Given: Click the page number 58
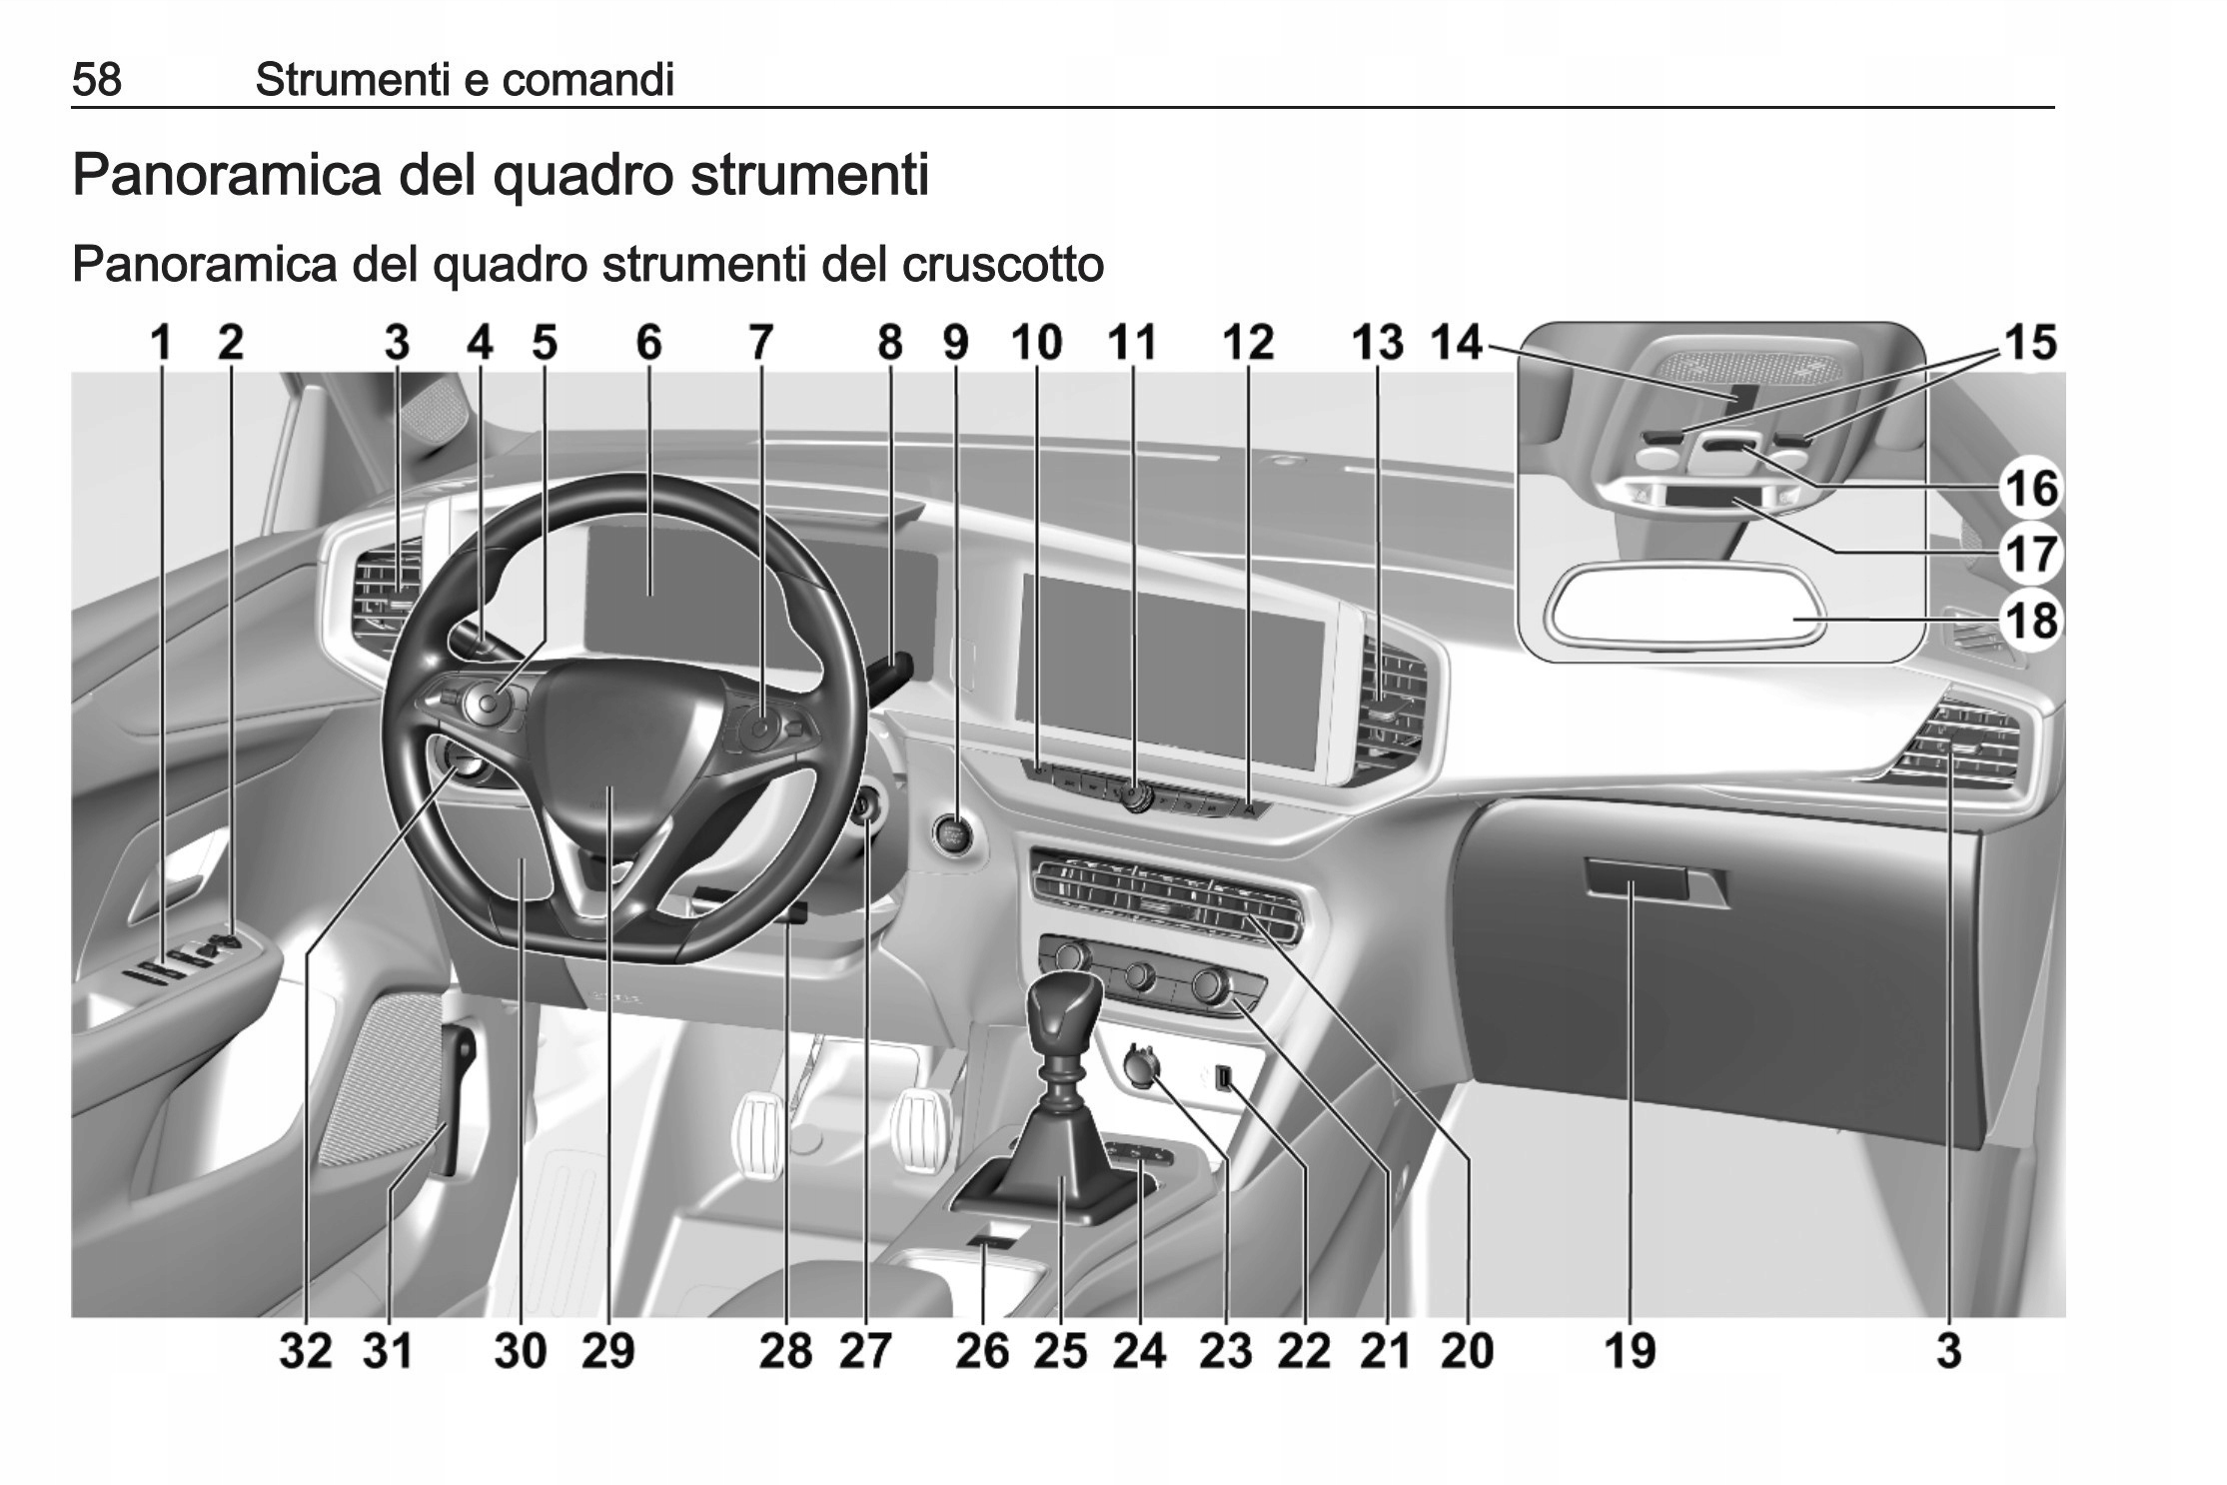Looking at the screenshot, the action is coord(97,79).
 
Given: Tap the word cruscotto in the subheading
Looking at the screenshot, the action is coord(1002,265).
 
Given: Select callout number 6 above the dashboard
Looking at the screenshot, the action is coord(648,343).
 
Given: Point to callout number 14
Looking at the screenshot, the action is coord(1456,343).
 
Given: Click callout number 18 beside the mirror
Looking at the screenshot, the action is coord(2032,621).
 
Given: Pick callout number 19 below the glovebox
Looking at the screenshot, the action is coord(1630,1351).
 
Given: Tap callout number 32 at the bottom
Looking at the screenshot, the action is coord(305,1351).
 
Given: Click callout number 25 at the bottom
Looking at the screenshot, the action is coord(1060,1351).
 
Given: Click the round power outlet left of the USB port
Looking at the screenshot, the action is coord(1140,1067).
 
